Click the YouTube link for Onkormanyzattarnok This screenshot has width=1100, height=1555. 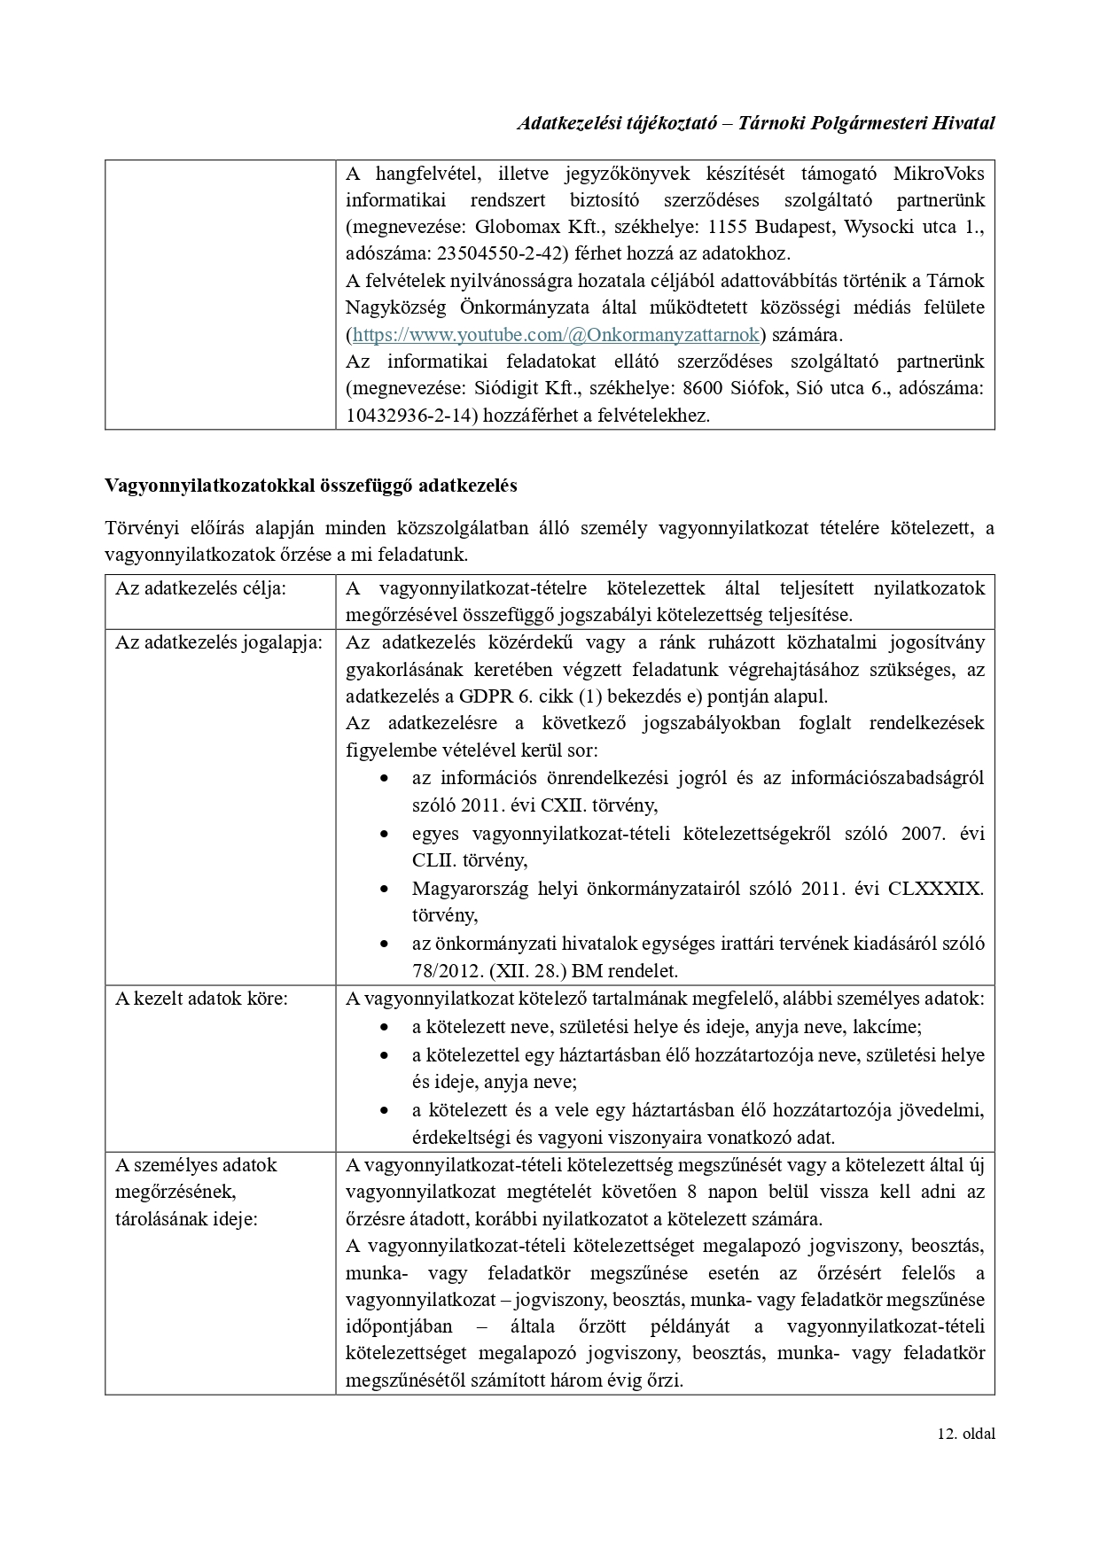(556, 335)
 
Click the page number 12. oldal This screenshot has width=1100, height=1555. (965, 1434)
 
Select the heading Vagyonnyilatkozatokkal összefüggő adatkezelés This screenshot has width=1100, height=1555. (311, 486)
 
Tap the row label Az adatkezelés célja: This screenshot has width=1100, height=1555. (200, 588)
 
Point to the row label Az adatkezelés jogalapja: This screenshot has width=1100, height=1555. (219, 642)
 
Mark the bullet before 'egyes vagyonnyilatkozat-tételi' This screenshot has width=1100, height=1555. (384, 834)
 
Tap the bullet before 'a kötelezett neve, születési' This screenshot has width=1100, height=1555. (384, 1027)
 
